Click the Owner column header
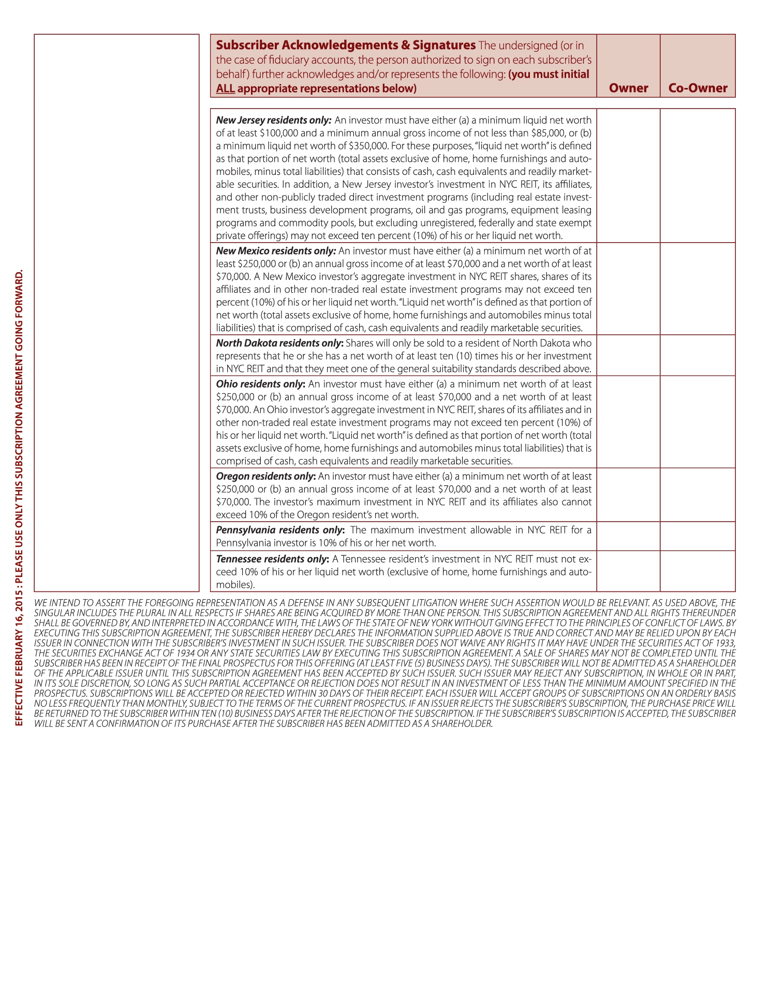[628, 88]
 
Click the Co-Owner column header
[698, 88]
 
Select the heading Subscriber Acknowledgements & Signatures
[346, 45]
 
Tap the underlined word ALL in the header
[226, 88]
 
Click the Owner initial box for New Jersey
[628, 175]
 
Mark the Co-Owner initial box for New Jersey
[698, 175]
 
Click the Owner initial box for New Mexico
[628, 289]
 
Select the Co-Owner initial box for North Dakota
[698, 355]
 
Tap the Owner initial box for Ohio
[628, 422]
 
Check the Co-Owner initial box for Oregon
[698, 495]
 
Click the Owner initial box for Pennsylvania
[628, 536]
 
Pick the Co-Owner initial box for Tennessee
[698, 571]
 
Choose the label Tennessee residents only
[272, 559]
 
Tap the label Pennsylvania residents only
[280, 530]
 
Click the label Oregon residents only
[265, 476]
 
